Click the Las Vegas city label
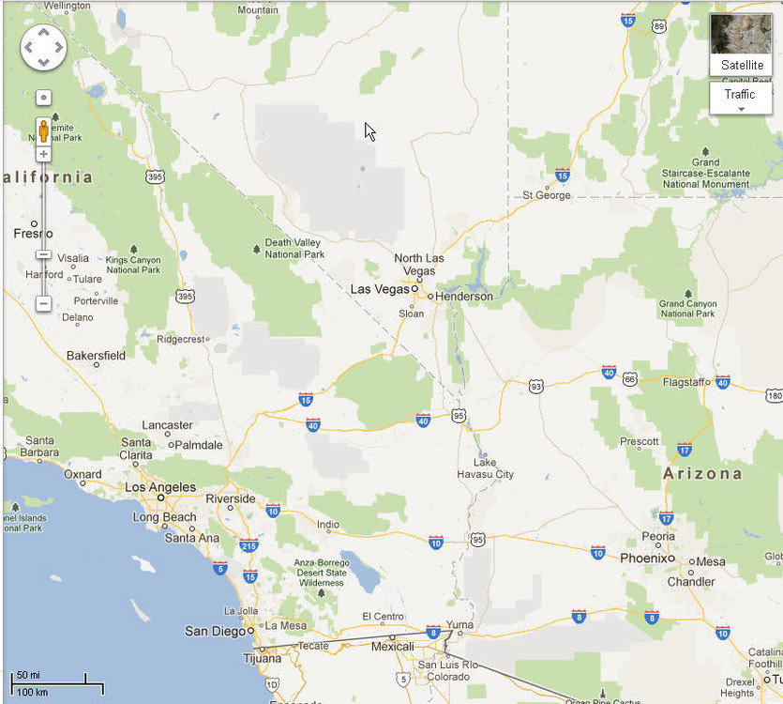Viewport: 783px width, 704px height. [x=380, y=289]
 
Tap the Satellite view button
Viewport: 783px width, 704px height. [x=742, y=45]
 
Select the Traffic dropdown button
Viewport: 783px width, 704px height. [x=739, y=98]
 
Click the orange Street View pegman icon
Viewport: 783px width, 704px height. [x=43, y=130]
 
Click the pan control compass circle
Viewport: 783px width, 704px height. [x=43, y=47]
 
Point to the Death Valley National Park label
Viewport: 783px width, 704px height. [x=294, y=248]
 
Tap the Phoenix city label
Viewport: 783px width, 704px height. [x=645, y=558]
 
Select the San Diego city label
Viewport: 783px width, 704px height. [x=215, y=631]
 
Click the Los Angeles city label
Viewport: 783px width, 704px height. [x=160, y=487]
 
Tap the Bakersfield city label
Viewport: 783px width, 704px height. [x=96, y=356]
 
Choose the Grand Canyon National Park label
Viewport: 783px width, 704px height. [x=687, y=309]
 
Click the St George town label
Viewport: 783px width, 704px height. [x=547, y=195]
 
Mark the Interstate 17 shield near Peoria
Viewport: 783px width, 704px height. [x=666, y=517]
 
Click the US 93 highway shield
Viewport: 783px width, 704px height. [x=535, y=386]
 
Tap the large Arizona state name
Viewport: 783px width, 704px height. [x=702, y=474]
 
